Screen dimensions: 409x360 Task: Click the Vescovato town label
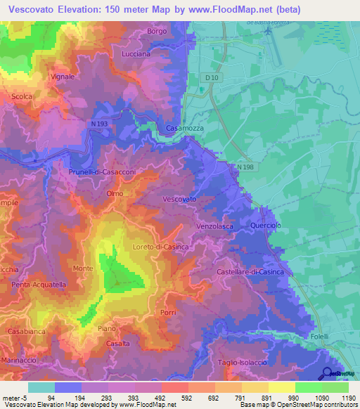pos(179,200)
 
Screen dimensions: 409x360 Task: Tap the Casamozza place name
pos(184,129)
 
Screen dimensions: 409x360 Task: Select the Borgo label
pos(157,32)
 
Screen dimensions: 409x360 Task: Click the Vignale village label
pos(63,77)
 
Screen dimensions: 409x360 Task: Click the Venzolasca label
pos(215,226)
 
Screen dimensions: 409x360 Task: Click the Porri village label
pos(168,312)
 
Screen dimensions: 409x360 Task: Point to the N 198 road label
pos(245,167)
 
